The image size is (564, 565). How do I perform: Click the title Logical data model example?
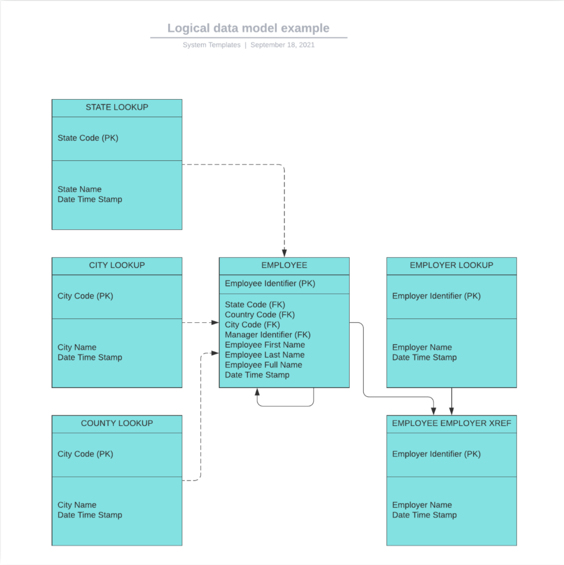[x=248, y=28]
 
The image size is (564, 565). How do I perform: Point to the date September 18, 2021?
[x=282, y=45]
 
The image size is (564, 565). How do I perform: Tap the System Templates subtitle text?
[x=211, y=45]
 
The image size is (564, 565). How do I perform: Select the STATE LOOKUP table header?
[x=117, y=107]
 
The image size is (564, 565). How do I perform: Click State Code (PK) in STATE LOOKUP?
[x=88, y=138]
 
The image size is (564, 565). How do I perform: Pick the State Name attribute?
[x=80, y=189]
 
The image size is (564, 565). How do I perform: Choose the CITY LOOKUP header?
[x=117, y=265]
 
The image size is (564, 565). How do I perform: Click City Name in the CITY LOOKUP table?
[x=77, y=347]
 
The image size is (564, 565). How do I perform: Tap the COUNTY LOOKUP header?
[x=117, y=424]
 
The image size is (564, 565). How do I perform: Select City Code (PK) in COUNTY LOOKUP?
[x=85, y=454]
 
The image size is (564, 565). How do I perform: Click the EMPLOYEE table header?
[x=284, y=265]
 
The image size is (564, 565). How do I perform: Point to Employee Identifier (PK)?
[x=270, y=283]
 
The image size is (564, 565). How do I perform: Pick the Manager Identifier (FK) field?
[x=267, y=335]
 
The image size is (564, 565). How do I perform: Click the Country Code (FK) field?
[x=260, y=315]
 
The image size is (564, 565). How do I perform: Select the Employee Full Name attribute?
[x=264, y=365]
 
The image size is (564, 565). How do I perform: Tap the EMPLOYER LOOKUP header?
[x=451, y=265]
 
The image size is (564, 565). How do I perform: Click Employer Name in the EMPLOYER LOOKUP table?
[x=422, y=347]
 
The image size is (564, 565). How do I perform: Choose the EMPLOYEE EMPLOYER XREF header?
[x=451, y=424]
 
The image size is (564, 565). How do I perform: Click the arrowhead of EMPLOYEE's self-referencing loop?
[x=257, y=391]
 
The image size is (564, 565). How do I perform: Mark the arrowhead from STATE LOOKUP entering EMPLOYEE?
[x=284, y=253]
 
